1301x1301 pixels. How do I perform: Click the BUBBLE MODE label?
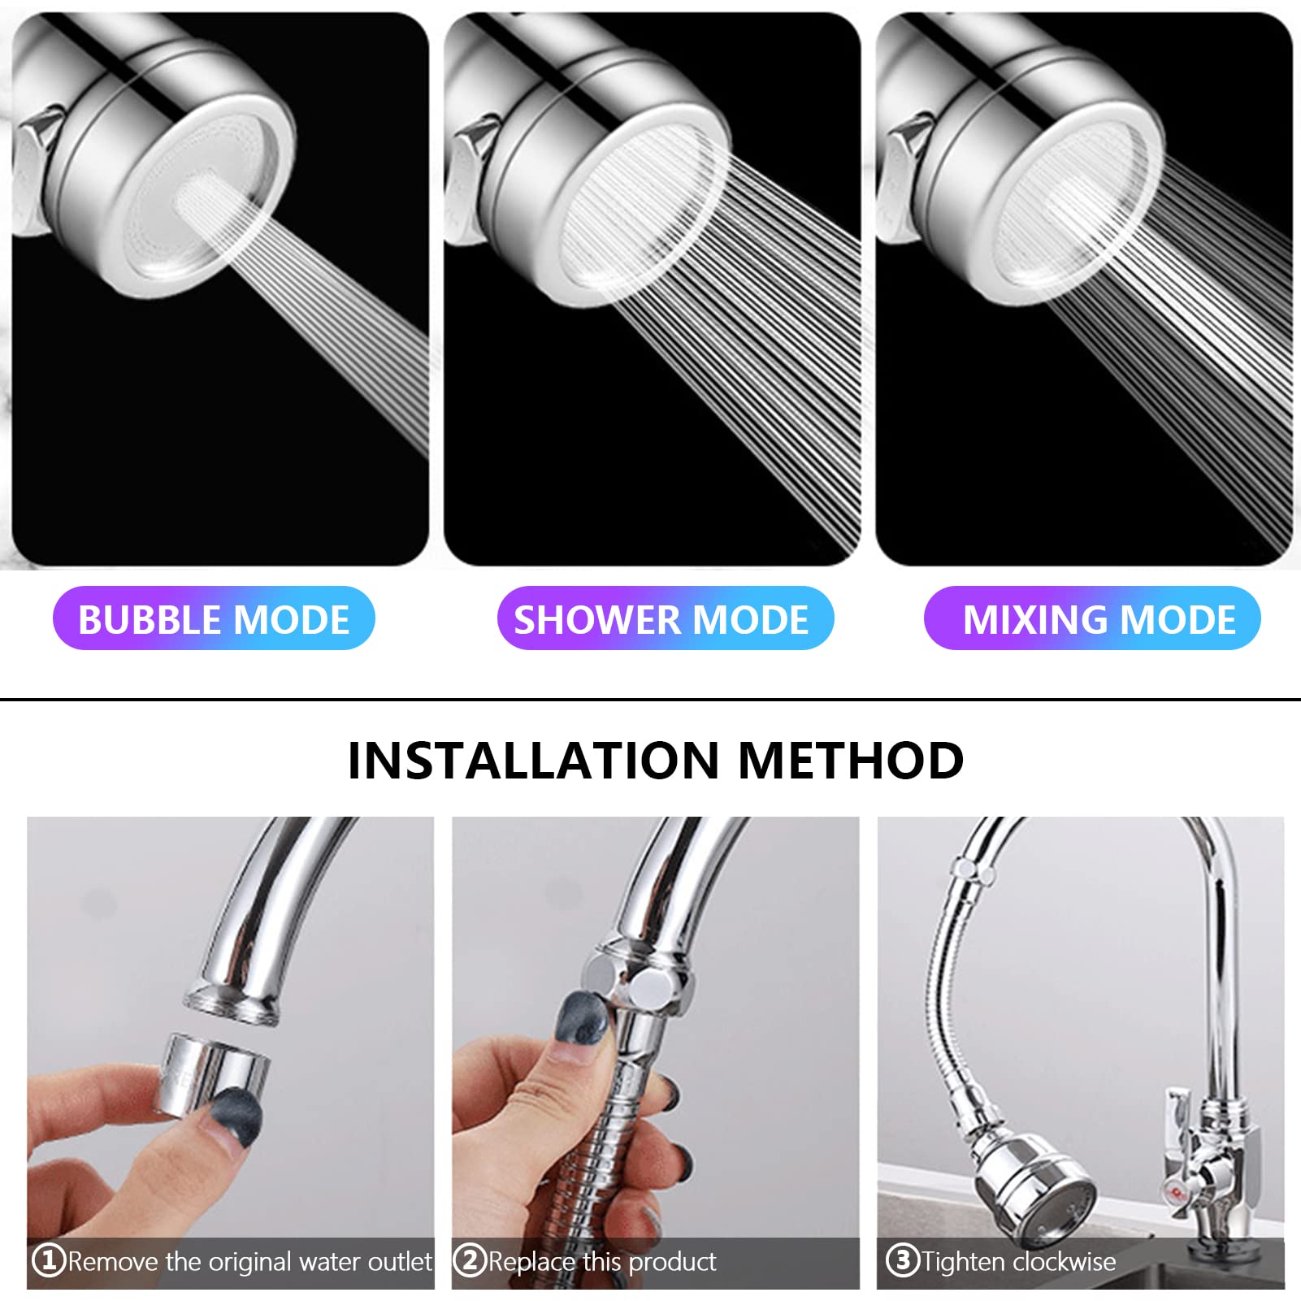click(x=214, y=618)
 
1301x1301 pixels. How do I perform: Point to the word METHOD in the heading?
click(x=851, y=761)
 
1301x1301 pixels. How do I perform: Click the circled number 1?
click(x=48, y=1260)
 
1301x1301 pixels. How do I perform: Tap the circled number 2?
click(x=469, y=1260)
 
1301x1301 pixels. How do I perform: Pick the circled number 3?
click(x=902, y=1260)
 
